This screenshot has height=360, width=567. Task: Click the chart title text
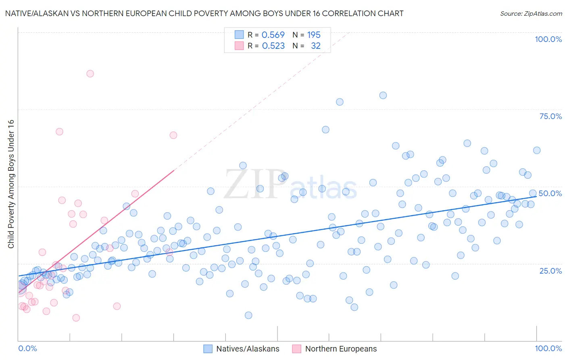tap(204, 14)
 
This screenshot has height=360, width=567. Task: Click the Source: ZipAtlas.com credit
tap(531, 14)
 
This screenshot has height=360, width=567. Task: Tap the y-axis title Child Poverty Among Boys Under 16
tap(11, 184)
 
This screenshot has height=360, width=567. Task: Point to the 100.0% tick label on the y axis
tap(548, 39)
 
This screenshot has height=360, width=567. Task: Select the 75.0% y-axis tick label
tap(550, 116)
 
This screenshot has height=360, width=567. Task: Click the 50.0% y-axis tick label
tap(550, 193)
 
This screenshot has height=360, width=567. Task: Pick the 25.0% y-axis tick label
tap(550, 271)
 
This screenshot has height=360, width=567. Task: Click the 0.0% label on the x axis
tap(27, 349)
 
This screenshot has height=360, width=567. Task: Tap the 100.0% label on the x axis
tap(548, 349)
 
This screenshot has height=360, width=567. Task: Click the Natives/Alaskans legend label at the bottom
tap(248, 349)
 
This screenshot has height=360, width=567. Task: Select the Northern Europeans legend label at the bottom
tap(341, 349)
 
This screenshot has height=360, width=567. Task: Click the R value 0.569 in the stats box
tap(273, 35)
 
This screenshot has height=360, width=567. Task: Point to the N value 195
tap(314, 35)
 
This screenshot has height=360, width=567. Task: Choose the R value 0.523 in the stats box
tap(273, 46)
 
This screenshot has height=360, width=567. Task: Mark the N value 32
tap(315, 46)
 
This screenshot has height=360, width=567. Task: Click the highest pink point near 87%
tap(90, 73)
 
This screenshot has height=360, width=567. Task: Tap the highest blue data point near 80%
tap(383, 95)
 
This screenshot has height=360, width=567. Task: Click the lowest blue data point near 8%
tap(248, 315)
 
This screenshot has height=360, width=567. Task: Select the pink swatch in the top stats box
tap(239, 46)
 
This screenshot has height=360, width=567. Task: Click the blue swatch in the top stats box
tap(239, 35)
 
